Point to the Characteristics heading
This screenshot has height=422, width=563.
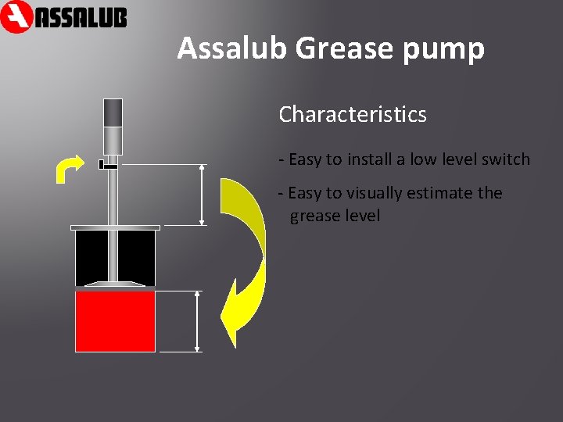[353, 115]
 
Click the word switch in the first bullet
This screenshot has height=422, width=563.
[505, 159]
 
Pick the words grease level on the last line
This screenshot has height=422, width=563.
[335, 216]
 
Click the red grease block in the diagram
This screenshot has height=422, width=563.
[115, 320]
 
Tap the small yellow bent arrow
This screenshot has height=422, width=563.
[66, 167]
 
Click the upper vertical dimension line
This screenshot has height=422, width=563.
[203, 195]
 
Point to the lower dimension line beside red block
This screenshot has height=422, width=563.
[197, 320]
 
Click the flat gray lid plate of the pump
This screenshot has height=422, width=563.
[115, 228]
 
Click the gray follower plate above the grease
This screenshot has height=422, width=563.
[115, 284]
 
